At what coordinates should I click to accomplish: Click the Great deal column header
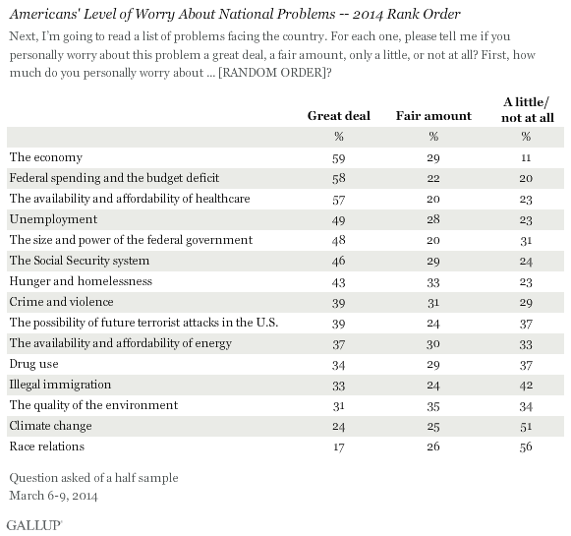click(x=339, y=116)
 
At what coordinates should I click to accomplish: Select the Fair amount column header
click(x=433, y=116)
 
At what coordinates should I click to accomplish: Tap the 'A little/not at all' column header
click(x=528, y=110)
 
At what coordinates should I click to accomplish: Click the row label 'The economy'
click(x=46, y=157)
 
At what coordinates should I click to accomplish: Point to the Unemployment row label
click(x=53, y=219)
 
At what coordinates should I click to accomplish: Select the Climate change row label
click(x=51, y=426)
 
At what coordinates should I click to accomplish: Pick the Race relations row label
click(x=47, y=447)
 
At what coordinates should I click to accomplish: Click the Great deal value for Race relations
click(x=339, y=447)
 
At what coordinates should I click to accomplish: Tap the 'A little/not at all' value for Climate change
click(x=526, y=426)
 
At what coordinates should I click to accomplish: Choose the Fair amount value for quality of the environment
click(x=433, y=406)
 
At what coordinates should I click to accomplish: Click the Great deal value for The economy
click(x=339, y=158)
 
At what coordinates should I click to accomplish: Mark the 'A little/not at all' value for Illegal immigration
click(x=526, y=386)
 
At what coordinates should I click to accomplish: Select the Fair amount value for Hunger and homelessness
click(x=433, y=282)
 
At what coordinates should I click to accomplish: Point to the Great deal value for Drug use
click(x=339, y=365)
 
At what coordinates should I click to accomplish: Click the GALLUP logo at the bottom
click(x=34, y=525)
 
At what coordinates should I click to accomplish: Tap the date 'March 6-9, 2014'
click(x=53, y=496)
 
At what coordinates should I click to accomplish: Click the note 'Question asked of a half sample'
click(x=94, y=478)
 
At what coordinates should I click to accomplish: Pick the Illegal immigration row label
click(x=60, y=385)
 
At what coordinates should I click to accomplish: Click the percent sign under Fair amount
click(x=433, y=137)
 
